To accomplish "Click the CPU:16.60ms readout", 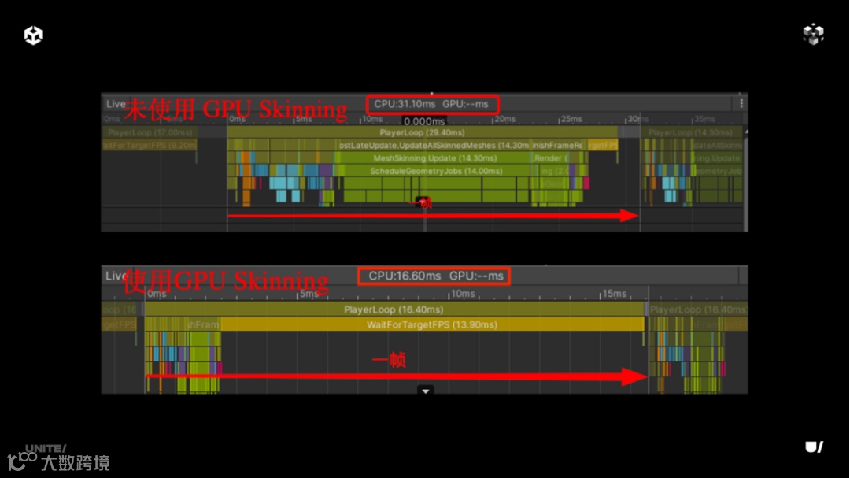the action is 405,276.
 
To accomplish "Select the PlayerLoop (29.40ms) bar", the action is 422,133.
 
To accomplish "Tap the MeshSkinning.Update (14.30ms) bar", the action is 419,158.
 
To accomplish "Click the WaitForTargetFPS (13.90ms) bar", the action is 431,324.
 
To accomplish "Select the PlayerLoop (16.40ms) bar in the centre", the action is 394,310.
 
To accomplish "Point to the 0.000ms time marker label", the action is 423,121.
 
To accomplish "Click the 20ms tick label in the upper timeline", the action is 504,120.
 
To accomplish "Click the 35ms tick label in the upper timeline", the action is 704,120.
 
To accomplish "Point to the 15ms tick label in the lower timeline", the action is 614,294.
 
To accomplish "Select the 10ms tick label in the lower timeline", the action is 463,294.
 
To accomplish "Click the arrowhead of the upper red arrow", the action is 629,215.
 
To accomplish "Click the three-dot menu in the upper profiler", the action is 741,103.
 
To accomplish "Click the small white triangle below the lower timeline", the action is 426,390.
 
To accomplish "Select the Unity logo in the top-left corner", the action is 33,35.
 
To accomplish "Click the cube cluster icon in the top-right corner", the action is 813,34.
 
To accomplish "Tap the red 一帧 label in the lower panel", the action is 389,361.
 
